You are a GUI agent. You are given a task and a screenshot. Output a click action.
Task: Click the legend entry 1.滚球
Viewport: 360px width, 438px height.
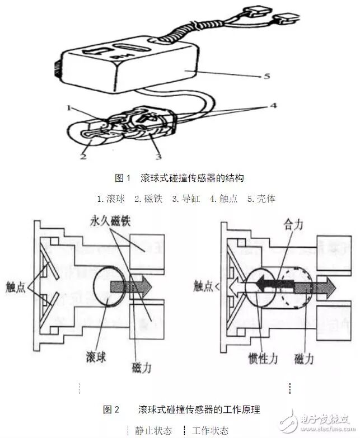tap(111, 199)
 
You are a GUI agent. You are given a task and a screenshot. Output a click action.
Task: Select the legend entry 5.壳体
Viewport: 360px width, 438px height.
tap(261, 199)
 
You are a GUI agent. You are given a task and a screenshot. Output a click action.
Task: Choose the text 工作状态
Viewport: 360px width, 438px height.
tap(210, 430)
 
